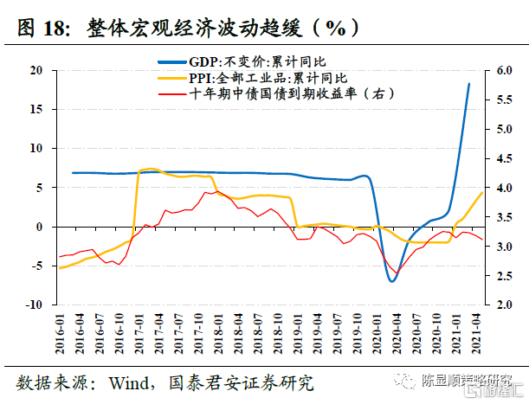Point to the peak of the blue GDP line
click(469, 84)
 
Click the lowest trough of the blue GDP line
click(392, 281)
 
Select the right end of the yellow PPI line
click(482, 192)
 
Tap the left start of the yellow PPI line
click(59, 268)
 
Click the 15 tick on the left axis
click(38, 109)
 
